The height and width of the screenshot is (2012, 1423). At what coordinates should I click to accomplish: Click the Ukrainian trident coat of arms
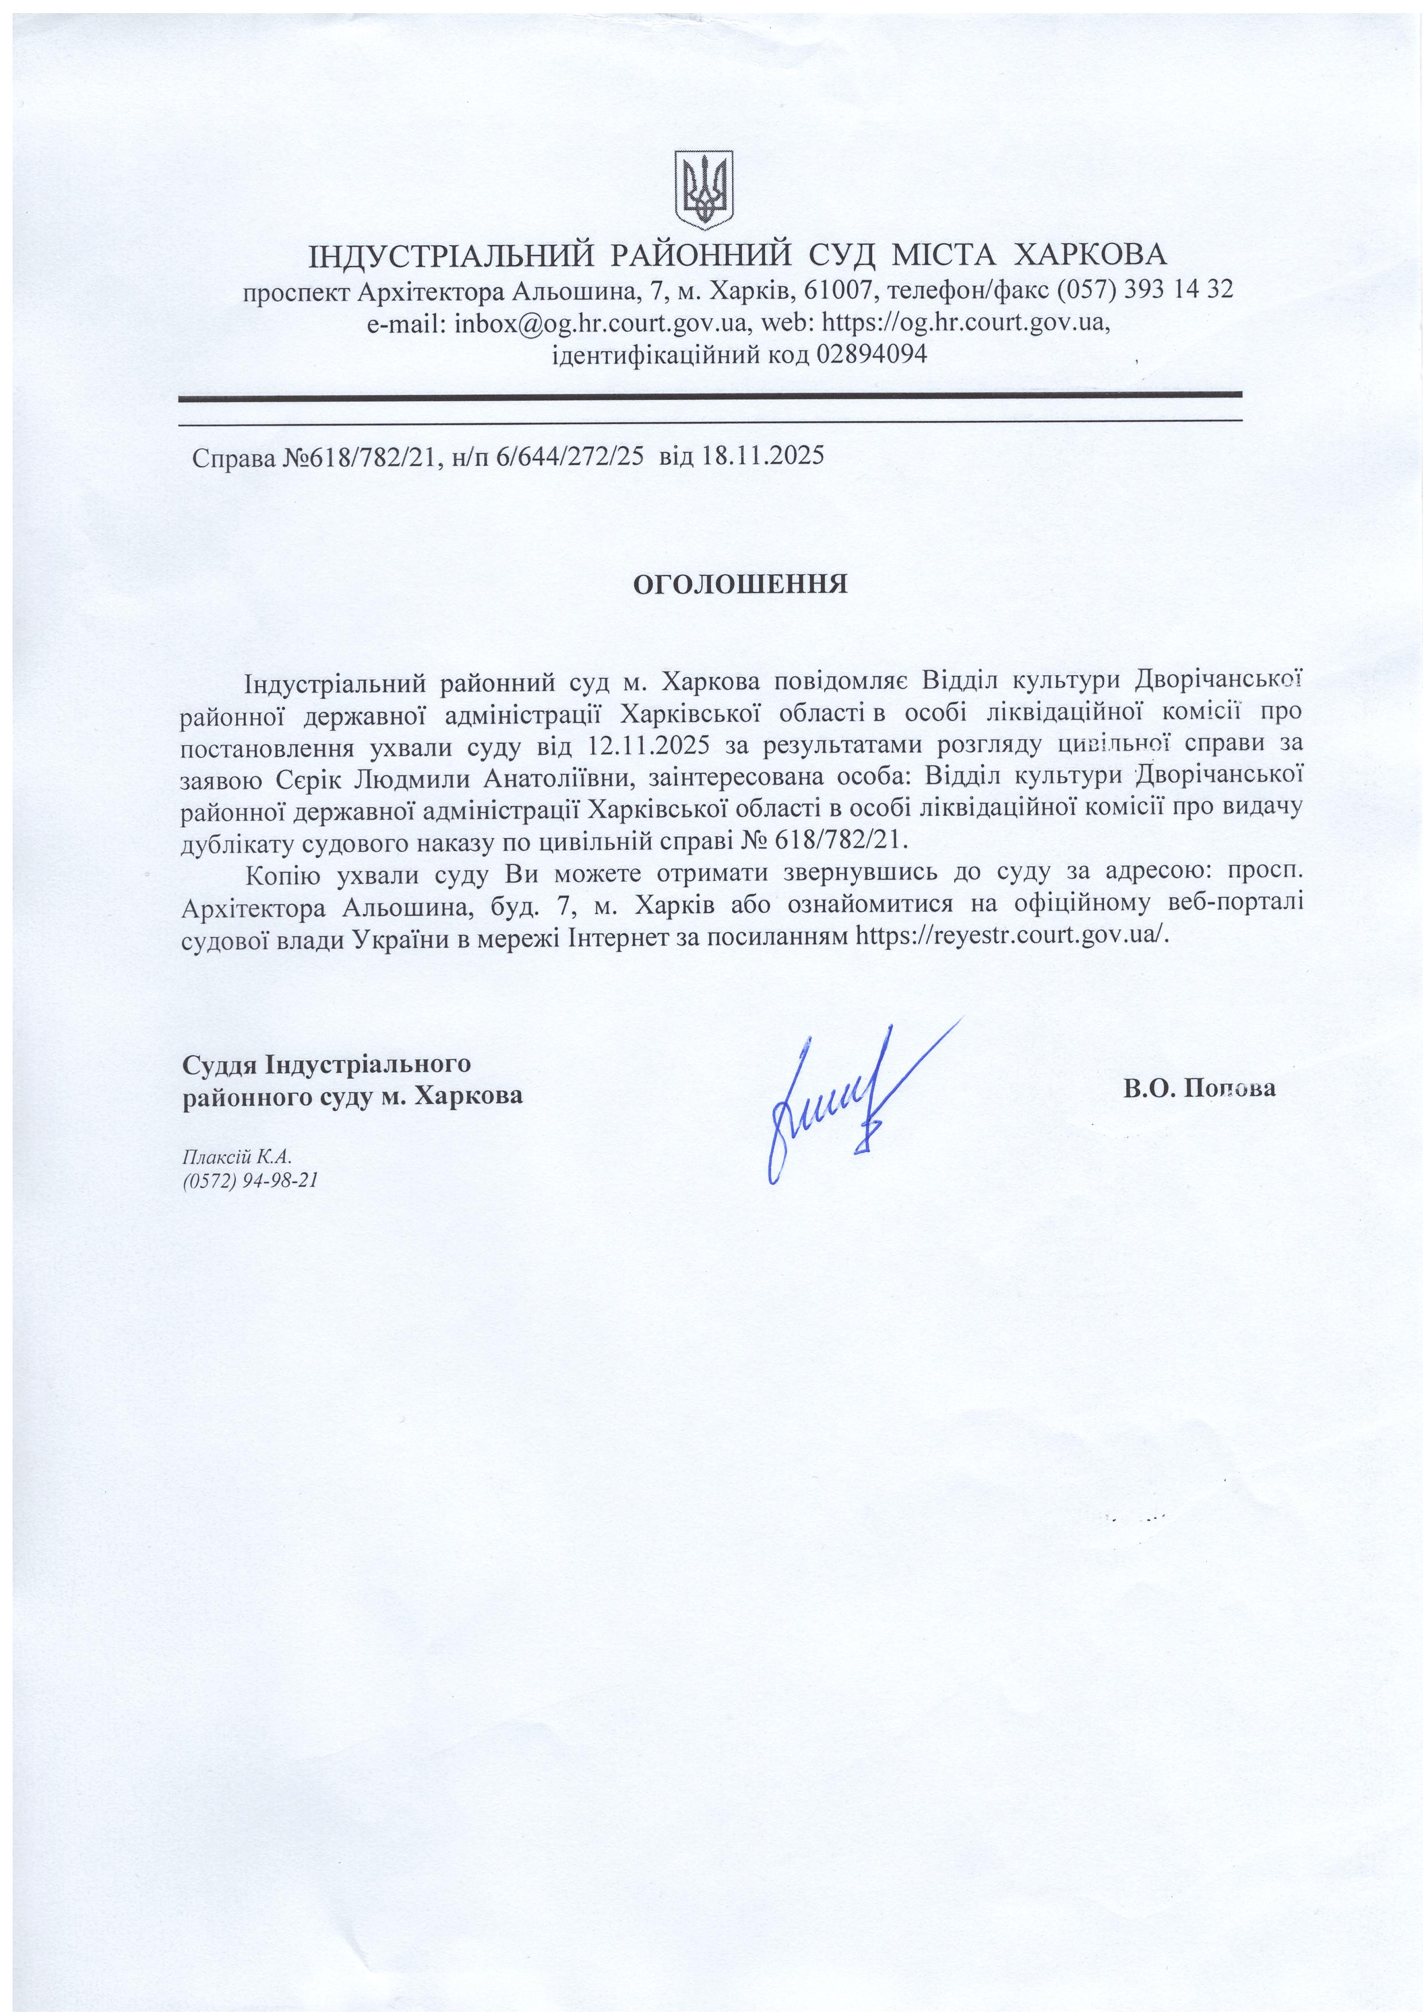click(703, 189)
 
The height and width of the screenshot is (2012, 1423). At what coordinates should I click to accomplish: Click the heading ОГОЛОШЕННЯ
click(740, 585)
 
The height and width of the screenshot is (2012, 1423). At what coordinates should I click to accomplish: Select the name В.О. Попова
click(1200, 1089)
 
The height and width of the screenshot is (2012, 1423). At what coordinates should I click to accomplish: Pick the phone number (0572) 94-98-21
click(250, 1180)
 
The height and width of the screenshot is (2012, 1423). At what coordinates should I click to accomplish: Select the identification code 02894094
click(871, 354)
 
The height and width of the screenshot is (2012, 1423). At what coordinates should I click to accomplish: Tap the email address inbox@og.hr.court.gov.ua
click(600, 322)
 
